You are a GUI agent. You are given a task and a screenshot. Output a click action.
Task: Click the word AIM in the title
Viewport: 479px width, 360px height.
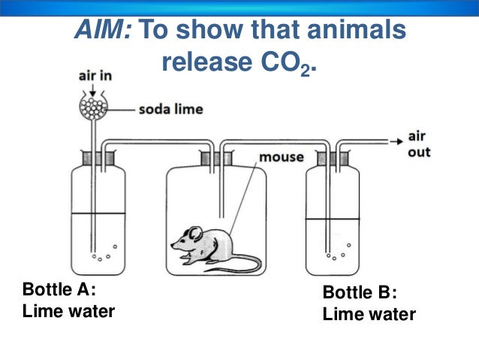pos(101,30)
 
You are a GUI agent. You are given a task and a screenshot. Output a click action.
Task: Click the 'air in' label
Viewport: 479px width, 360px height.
pos(95,76)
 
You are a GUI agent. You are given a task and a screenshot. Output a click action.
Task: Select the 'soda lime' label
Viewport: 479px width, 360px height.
pos(170,109)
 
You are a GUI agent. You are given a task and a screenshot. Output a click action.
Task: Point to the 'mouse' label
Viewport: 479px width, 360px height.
pos(281,157)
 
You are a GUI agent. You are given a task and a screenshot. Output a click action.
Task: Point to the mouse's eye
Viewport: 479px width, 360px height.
pos(185,239)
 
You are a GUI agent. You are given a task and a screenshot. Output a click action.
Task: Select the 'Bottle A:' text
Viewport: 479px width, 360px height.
pos(59,289)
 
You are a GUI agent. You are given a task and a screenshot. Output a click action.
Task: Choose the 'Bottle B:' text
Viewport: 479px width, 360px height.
pos(360,292)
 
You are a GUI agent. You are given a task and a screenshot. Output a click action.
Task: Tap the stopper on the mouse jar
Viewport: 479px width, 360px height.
pos(215,159)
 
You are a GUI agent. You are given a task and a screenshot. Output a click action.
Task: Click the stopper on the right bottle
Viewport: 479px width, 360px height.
pos(330,159)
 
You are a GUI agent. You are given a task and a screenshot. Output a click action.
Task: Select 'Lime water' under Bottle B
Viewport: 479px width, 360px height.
pos(369,314)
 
